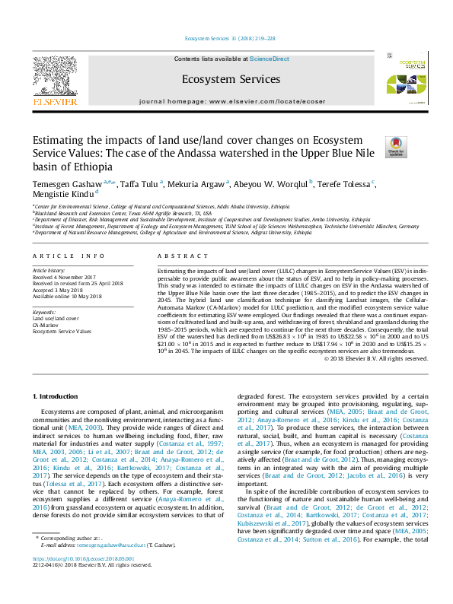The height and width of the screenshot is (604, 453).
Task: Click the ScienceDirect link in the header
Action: pos(270,59)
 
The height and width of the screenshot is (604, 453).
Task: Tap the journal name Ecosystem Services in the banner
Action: pos(231,79)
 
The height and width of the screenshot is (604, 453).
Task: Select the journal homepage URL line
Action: pos(231,101)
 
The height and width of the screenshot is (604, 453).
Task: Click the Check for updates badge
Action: pos(396,147)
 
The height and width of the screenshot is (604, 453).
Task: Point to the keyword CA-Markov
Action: pos(45,325)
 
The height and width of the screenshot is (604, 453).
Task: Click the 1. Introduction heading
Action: pos(58,397)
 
